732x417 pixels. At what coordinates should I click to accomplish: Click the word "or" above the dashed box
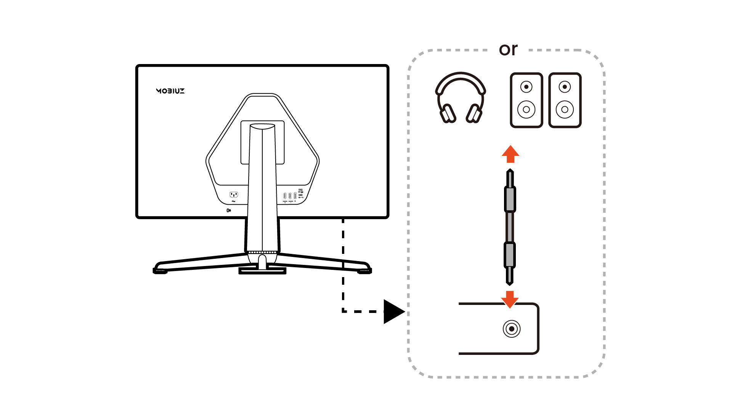click(x=508, y=50)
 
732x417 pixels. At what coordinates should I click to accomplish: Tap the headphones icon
click(x=461, y=97)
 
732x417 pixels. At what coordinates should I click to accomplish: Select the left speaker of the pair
click(x=526, y=100)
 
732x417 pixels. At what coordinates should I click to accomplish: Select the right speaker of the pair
click(x=565, y=100)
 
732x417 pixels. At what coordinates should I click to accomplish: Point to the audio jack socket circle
click(x=511, y=329)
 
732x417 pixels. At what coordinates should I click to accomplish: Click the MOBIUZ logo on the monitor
click(x=170, y=91)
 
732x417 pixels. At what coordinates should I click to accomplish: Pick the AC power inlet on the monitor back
click(x=234, y=194)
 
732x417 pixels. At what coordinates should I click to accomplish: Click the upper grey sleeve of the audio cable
click(x=510, y=199)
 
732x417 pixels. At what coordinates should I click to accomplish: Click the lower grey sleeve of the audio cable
click(x=510, y=255)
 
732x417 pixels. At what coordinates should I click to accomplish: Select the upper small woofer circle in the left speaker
click(x=526, y=87)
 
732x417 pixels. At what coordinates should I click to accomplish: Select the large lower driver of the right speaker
click(x=565, y=109)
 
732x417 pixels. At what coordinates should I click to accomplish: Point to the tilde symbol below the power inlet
click(x=233, y=202)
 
